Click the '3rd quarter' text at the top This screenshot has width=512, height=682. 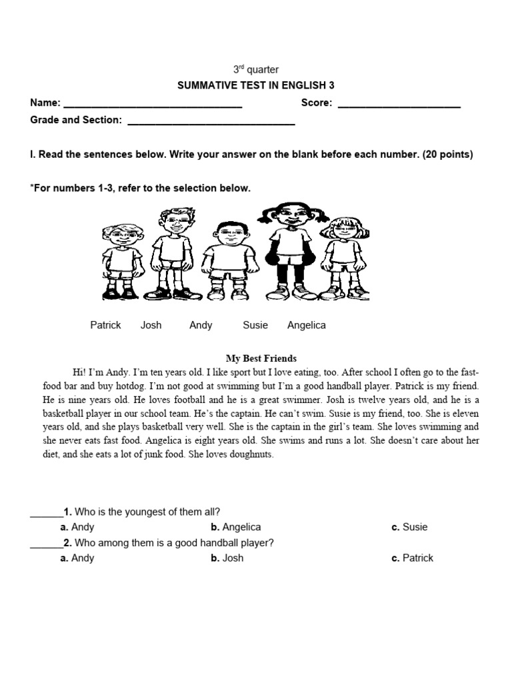[x=255, y=69]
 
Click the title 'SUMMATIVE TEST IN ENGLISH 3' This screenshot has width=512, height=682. [x=255, y=85]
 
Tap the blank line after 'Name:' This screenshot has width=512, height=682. [x=152, y=104]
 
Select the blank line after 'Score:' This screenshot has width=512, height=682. [x=399, y=104]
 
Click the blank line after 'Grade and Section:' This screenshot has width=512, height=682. [x=211, y=121]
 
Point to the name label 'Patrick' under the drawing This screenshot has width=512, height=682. [x=105, y=325]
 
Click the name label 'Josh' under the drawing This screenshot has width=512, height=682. [x=151, y=325]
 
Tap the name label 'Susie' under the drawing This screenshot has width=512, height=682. [x=255, y=325]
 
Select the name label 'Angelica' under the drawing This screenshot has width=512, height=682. [x=306, y=325]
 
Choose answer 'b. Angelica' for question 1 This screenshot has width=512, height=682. [x=236, y=527]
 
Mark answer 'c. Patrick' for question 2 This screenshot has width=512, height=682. [x=413, y=558]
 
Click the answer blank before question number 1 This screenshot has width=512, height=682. [x=46, y=513]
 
